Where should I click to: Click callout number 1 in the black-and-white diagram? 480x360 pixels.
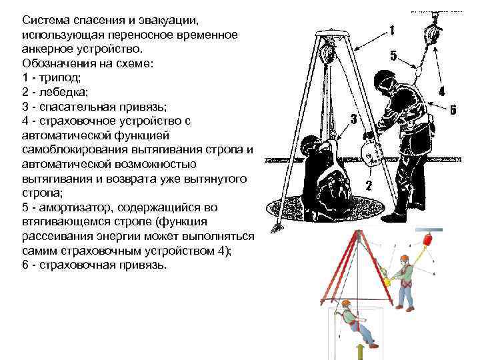click(391, 30)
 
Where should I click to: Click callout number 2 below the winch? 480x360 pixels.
click(369, 185)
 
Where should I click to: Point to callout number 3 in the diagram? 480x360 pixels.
click(353, 119)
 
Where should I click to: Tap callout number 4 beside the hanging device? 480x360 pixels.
click(442, 91)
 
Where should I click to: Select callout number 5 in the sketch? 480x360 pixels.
click(393, 56)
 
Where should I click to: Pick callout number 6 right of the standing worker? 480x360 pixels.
click(454, 110)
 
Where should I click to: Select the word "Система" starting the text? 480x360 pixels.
click(43, 19)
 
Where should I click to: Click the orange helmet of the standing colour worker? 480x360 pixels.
click(404, 259)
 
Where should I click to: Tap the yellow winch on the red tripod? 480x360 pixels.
click(385, 281)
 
